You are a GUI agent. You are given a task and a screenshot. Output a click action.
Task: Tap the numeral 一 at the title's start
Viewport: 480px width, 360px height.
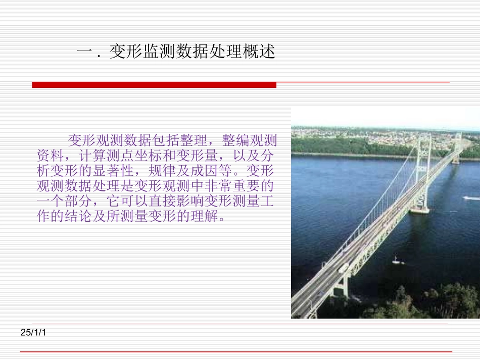click(84, 52)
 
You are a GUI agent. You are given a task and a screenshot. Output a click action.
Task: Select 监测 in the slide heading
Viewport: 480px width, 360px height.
click(159, 52)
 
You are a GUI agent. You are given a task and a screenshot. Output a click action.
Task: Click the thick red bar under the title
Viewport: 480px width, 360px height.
click(154, 85)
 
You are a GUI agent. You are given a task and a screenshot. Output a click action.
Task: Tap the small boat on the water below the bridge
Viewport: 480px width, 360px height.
click(397, 261)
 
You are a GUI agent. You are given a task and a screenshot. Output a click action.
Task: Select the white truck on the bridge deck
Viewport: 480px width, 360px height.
click(344, 268)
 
